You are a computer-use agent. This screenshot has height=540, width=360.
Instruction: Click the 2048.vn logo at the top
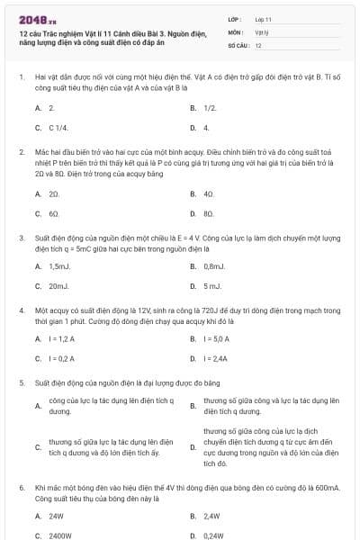click(31, 19)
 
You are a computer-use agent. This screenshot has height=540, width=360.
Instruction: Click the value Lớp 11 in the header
click(264, 18)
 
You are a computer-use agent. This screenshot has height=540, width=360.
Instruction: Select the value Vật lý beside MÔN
click(262, 31)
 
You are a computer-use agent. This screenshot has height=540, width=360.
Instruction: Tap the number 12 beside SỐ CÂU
click(259, 44)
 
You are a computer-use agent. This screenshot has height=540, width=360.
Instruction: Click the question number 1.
click(22, 78)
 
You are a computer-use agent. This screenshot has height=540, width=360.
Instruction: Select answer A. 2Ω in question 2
click(50, 193)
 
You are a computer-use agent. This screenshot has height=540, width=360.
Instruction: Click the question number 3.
click(22, 238)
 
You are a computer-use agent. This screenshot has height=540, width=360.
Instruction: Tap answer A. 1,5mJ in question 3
click(55, 266)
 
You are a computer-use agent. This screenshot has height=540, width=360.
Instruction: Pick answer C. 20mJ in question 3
click(54, 286)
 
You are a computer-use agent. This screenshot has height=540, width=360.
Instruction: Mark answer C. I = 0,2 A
click(58, 358)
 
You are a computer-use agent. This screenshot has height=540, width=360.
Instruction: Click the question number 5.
click(22, 382)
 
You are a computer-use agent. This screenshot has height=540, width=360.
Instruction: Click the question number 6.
click(22, 487)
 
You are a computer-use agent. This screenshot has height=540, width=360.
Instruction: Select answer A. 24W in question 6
click(52, 517)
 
